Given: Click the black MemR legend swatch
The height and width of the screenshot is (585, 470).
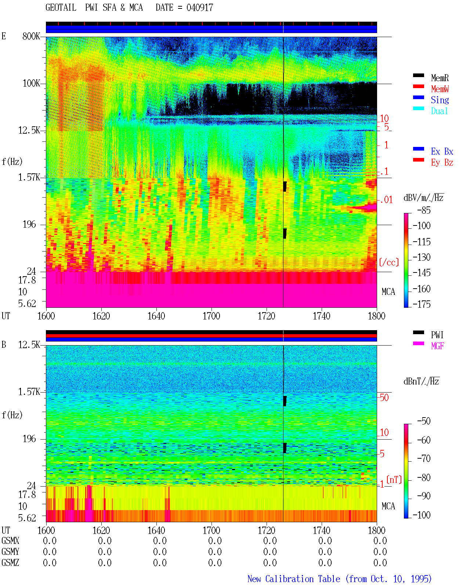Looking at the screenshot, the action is [x=418, y=75].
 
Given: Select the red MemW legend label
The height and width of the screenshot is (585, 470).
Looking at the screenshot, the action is [x=440, y=89].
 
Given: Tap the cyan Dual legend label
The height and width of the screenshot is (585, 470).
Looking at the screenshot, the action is [x=439, y=111].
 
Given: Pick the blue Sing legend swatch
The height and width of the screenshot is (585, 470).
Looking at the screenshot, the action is [x=418, y=97].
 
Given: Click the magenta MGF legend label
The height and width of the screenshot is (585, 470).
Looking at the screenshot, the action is [x=437, y=346].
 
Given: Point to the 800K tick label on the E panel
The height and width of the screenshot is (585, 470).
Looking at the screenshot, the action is [x=31, y=36].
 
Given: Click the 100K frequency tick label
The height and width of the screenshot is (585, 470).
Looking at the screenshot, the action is [x=31, y=83].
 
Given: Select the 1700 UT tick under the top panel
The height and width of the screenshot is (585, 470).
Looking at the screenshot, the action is [x=211, y=316].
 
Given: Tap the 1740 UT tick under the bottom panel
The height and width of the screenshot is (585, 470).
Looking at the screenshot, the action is [x=321, y=530].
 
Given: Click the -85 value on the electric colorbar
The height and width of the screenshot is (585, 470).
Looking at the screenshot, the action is [x=424, y=210].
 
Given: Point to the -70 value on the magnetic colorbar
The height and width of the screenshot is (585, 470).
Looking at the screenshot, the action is [x=424, y=458].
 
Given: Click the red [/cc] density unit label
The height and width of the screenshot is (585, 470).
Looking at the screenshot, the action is [x=389, y=262].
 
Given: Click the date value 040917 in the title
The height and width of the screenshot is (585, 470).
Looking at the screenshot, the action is [x=200, y=8].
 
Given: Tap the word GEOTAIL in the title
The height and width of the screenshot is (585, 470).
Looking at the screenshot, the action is [x=61, y=8].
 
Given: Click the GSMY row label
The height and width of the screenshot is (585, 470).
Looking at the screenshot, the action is [x=10, y=552].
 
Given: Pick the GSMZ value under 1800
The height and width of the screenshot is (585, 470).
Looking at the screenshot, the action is [x=380, y=563].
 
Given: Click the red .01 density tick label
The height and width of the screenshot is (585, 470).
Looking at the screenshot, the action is [x=386, y=200].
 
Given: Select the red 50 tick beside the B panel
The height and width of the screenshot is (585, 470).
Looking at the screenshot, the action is [x=384, y=398].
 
